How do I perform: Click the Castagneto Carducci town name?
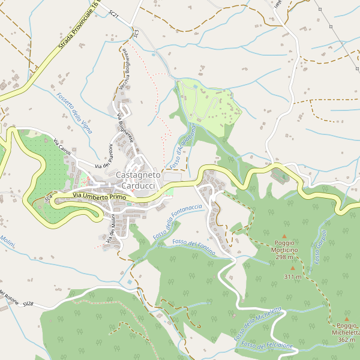pyautogui.click(x=139, y=179)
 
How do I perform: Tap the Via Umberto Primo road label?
pyautogui.click(x=100, y=196)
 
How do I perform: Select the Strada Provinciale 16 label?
pyautogui.click(x=78, y=28)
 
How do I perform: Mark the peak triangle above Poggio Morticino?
pyautogui.click(x=284, y=236)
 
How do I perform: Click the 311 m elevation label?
pyautogui.click(x=293, y=277)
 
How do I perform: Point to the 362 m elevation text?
pyautogui.click(x=346, y=340)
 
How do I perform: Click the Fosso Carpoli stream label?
pyautogui.click(x=319, y=247)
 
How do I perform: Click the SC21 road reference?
pyautogui.click(x=115, y=13)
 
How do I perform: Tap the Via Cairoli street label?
pyautogui.click(x=62, y=148)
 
